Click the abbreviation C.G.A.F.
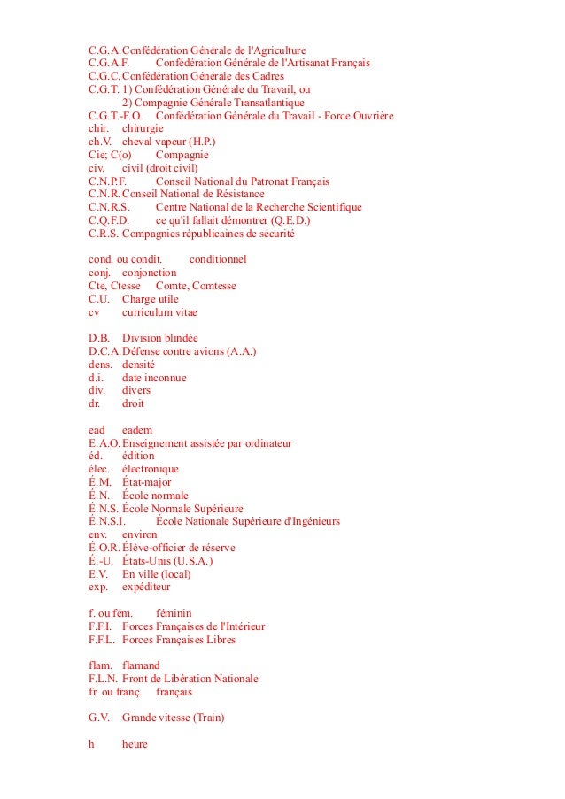pyautogui.click(x=110, y=63)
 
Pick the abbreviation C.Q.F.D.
pyautogui.click(x=110, y=220)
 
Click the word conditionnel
pyautogui.click(x=218, y=259)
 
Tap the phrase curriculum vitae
pyautogui.click(x=159, y=312)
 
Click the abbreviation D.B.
pyautogui.click(x=99, y=338)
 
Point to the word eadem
pyautogui.click(x=137, y=429)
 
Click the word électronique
pyautogui.click(x=151, y=469)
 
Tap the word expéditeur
pyautogui.click(x=146, y=586)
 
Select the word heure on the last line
pyautogui.click(x=135, y=744)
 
